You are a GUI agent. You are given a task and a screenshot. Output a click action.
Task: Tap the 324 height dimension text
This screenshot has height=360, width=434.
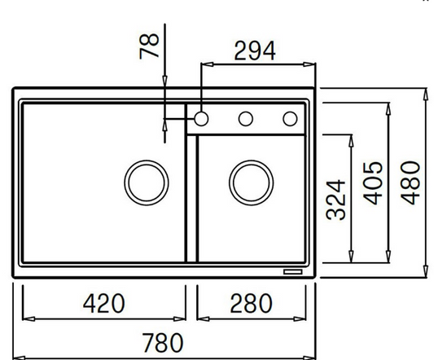click(336, 199)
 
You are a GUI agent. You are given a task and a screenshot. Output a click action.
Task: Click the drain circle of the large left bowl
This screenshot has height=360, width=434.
click(147, 182)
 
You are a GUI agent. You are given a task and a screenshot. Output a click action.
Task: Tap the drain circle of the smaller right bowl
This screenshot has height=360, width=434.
click(251, 182)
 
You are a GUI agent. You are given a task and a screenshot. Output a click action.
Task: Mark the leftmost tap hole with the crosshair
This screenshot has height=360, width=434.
click(200, 119)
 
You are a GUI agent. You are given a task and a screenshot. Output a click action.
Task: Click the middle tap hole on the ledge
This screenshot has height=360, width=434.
click(245, 119)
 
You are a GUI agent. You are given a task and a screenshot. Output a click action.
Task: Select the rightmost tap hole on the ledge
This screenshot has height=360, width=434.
click(290, 119)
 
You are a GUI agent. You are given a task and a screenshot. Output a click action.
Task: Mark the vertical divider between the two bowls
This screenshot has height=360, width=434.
click(192, 200)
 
